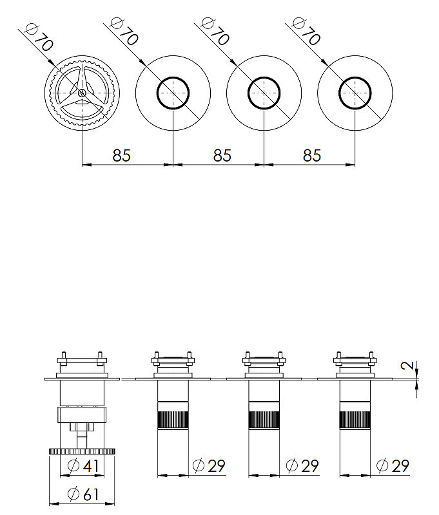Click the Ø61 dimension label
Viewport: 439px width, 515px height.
(83, 494)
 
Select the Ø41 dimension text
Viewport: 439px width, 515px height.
(83, 465)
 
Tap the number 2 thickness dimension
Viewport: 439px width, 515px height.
(407, 365)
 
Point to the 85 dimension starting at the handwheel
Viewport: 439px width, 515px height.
(121, 155)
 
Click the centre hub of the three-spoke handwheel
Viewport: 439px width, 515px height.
(82, 93)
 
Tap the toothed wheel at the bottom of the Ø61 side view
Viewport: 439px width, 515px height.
(82, 452)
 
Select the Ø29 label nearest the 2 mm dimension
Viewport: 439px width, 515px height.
(393, 465)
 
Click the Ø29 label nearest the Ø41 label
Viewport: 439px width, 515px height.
(209, 465)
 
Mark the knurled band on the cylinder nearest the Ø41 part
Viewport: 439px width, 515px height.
(173, 420)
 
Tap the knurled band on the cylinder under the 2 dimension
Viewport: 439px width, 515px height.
(355, 420)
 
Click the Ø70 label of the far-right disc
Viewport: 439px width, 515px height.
(306, 31)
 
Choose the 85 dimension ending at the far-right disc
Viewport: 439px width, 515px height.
(312, 155)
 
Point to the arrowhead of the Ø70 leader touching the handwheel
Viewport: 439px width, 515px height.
(50, 61)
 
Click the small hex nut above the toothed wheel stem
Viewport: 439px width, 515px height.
(82, 427)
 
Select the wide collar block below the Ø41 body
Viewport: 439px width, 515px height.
(82, 415)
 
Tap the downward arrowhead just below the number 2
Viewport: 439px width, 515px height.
(416, 373)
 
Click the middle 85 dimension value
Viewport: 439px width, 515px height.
(222, 155)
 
